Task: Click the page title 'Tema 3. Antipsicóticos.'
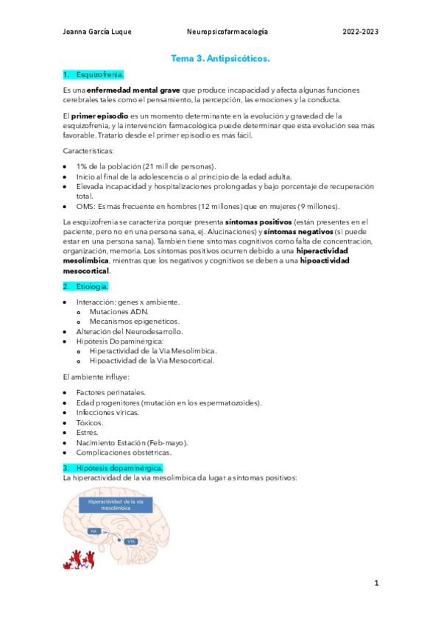pos(220,57)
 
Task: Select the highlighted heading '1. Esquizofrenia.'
pos(94,74)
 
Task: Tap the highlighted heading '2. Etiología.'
pos(87,286)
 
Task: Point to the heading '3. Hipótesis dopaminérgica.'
pos(114,468)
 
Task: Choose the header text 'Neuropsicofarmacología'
pos(227,32)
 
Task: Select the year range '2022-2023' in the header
pos(361,32)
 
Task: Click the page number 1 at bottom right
pos(376,584)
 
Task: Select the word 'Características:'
pos(89,151)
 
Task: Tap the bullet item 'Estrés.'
pos(88,433)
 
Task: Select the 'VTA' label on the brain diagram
pos(131,542)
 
